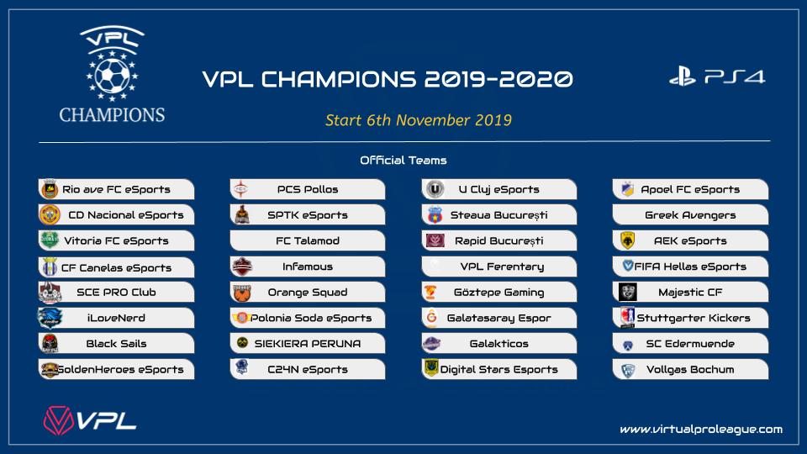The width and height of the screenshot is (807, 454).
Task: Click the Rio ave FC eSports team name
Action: [116, 189]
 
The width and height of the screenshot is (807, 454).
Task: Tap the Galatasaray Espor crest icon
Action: [431, 317]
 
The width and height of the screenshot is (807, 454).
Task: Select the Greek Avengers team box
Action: [690, 214]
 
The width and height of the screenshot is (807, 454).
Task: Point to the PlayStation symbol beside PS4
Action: [683, 78]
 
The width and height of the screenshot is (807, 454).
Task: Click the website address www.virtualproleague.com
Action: [701, 430]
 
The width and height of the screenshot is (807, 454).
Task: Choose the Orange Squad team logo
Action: [241, 293]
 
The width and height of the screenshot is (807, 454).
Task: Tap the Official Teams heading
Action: [403, 160]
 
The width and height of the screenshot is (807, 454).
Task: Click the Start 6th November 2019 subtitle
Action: [419, 120]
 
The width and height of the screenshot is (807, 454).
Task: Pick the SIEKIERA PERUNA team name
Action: [308, 343]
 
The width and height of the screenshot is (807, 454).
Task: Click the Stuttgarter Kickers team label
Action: [694, 318]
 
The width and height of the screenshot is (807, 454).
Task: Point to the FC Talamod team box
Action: [308, 240]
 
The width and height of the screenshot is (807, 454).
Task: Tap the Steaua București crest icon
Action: [435, 214]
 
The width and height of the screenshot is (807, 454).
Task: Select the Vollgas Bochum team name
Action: [690, 370]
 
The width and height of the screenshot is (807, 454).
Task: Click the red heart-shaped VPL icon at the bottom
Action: [58, 420]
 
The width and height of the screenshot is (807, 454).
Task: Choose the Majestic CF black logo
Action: [627, 292]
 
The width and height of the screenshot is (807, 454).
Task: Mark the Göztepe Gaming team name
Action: [498, 293]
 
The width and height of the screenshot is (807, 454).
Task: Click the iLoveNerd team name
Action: [116, 318]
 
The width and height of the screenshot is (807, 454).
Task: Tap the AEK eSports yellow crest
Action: [627, 240]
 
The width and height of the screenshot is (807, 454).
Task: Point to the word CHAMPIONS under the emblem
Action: [112, 114]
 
